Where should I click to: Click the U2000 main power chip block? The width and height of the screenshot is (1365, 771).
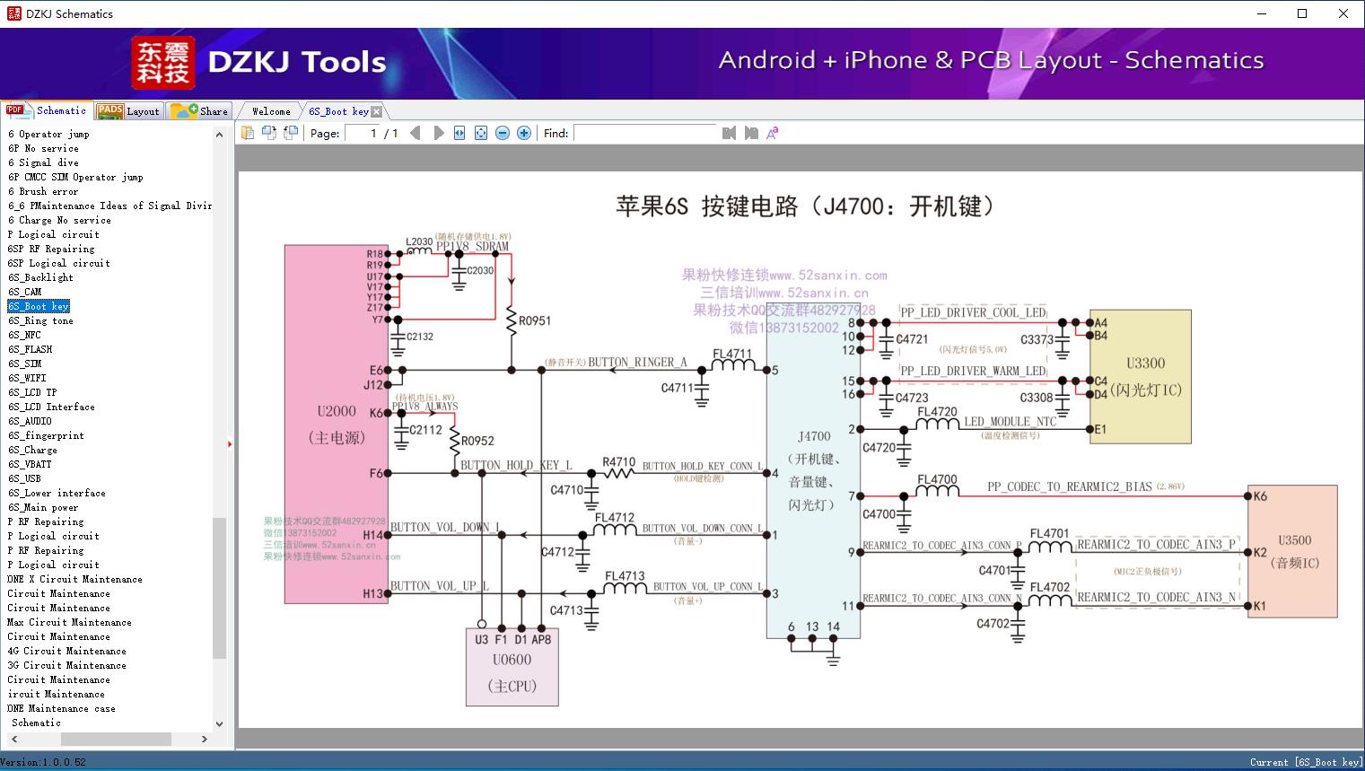coord(337,424)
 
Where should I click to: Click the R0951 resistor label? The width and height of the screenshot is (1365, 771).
coord(535,320)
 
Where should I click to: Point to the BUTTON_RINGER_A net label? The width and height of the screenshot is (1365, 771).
coord(637,363)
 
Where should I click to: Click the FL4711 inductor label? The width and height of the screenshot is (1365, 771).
coord(732,354)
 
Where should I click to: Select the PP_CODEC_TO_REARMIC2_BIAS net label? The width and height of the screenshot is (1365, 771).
coord(1069,486)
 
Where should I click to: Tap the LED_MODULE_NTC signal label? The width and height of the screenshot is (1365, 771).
coord(1010,421)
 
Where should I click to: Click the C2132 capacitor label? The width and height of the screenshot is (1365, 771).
coord(419,337)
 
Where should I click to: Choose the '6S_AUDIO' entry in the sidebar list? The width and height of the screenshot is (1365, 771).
coord(30,421)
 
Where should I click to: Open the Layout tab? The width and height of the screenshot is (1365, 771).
coord(128,111)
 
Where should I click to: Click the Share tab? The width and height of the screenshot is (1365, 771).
coord(200,111)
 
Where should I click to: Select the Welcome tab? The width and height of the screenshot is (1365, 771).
coord(271,111)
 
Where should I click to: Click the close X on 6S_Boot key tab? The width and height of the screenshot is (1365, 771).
coord(377,112)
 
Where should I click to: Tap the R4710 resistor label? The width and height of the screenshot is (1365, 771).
coord(618,462)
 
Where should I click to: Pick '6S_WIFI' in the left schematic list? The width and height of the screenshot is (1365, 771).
coord(27,378)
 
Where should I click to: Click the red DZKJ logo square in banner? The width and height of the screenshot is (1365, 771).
coord(163,63)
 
